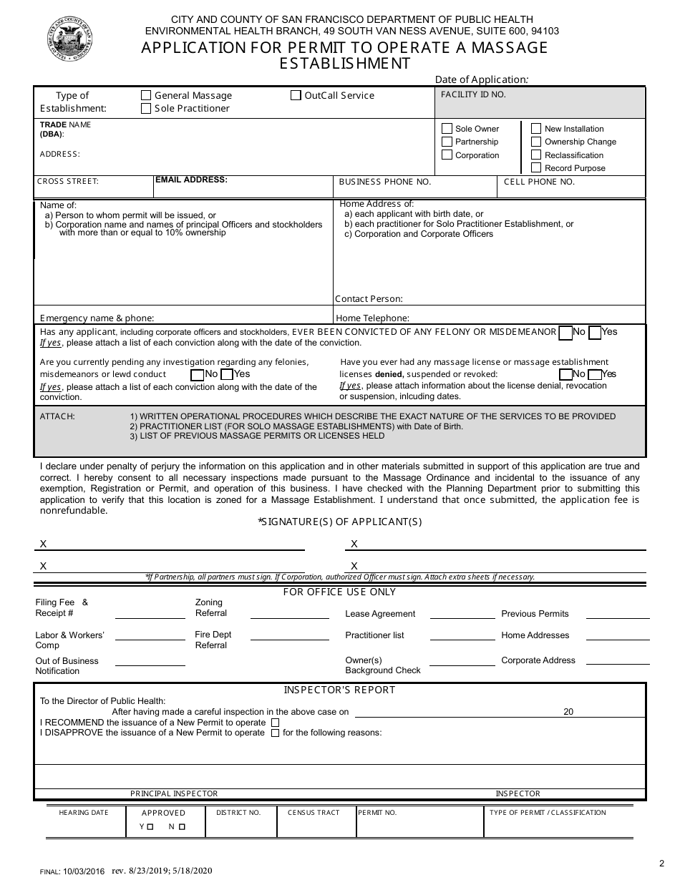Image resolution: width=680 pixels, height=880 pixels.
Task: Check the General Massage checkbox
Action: (146, 95)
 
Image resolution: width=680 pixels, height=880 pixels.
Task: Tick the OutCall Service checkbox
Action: (296, 95)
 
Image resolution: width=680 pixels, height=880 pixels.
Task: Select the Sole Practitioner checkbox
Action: (146, 109)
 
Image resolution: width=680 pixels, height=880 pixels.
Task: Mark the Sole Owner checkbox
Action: (447, 129)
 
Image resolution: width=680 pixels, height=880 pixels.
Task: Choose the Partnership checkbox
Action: (447, 142)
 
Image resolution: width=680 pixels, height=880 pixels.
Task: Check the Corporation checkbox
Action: (447, 155)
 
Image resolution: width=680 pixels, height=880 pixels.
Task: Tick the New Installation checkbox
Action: (536, 129)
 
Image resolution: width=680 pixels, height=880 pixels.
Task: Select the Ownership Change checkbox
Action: (536, 142)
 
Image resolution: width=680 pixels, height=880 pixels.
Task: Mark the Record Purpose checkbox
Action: (536, 168)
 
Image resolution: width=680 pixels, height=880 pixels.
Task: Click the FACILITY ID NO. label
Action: (473, 94)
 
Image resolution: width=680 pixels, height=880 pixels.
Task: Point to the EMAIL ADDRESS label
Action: (191, 180)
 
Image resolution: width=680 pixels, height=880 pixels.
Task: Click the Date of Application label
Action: (481, 80)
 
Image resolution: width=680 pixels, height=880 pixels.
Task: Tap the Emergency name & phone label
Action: (97, 318)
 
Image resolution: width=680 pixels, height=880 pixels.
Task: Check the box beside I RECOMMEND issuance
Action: (276, 723)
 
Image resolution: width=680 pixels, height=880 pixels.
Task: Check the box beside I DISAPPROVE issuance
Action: (276, 733)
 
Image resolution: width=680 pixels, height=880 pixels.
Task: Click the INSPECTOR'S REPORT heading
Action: (339, 690)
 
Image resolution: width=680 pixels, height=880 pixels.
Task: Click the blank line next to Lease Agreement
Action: (459, 616)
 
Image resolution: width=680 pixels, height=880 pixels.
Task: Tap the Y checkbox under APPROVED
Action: (150, 827)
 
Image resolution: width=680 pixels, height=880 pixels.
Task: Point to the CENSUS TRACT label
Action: (314, 813)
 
